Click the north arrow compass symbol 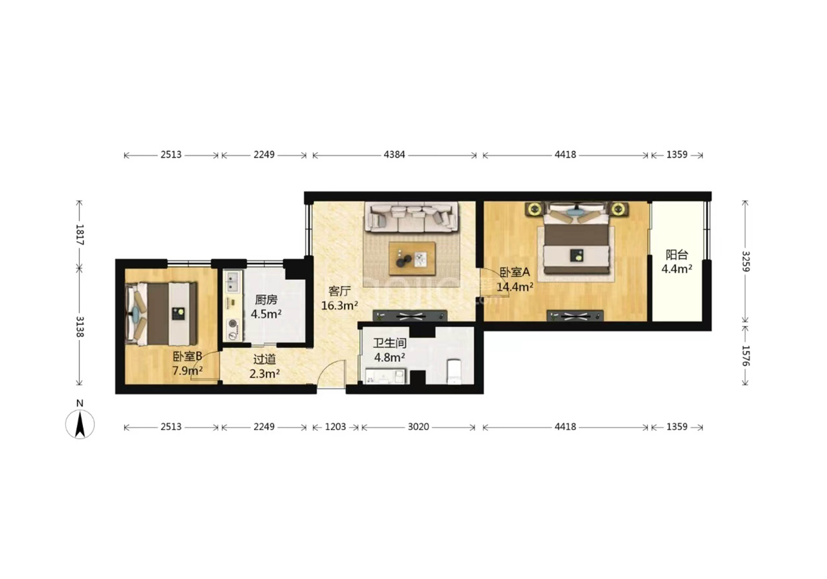[80, 424]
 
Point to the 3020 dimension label [418, 427]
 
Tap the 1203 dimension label [335, 427]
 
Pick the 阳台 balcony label [677, 255]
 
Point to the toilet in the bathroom [454, 371]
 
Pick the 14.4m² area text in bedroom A [515, 287]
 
